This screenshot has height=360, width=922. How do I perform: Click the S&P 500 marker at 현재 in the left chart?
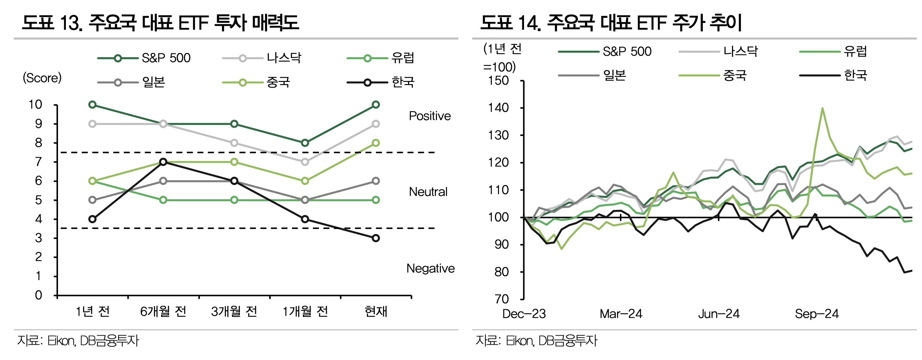pos(375,105)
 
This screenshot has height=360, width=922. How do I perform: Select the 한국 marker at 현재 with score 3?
pos(375,238)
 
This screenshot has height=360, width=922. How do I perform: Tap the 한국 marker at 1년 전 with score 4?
pos(92,219)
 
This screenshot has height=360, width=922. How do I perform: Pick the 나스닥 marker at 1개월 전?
pos(305,162)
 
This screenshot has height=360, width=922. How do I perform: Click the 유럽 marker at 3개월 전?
pos(234,200)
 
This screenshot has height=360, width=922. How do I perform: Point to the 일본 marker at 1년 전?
pos(92,200)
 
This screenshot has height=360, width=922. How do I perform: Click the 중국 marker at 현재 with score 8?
pos(375,143)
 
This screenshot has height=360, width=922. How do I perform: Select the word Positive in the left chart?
pos(430,116)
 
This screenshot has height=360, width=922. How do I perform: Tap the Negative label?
pos(430,268)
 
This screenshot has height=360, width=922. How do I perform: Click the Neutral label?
pos(428,192)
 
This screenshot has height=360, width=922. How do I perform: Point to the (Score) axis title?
pos(42,78)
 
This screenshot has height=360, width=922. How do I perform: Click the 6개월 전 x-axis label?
pos(163,312)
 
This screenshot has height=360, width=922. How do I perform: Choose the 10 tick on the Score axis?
pos(35,105)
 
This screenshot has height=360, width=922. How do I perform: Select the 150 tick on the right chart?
pos(498,81)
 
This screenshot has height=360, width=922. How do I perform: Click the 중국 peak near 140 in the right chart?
pos(822,108)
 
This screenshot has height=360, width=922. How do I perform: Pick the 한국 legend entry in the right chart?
pos(855,76)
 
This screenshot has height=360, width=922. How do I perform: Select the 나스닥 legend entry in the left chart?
pos(284,58)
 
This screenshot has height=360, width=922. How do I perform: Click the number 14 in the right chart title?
pos(528,23)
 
